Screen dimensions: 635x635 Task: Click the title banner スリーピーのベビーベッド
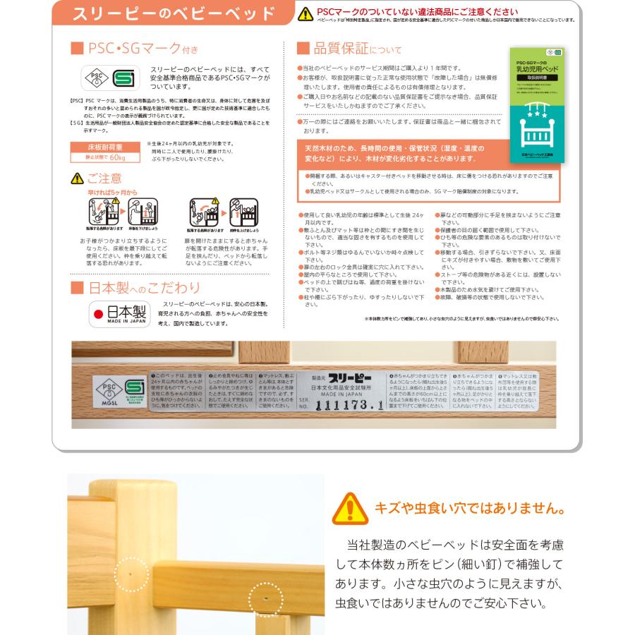pyautogui.click(x=174, y=13)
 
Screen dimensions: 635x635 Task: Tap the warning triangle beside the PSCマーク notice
pyautogui.click(x=306, y=13)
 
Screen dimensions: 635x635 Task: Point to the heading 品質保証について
pyautogui.click(x=349, y=49)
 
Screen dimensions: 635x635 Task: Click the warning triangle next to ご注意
pyautogui.click(x=76, y=179)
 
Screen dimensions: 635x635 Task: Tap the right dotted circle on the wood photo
pyautogui.click(x=265, y=600)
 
